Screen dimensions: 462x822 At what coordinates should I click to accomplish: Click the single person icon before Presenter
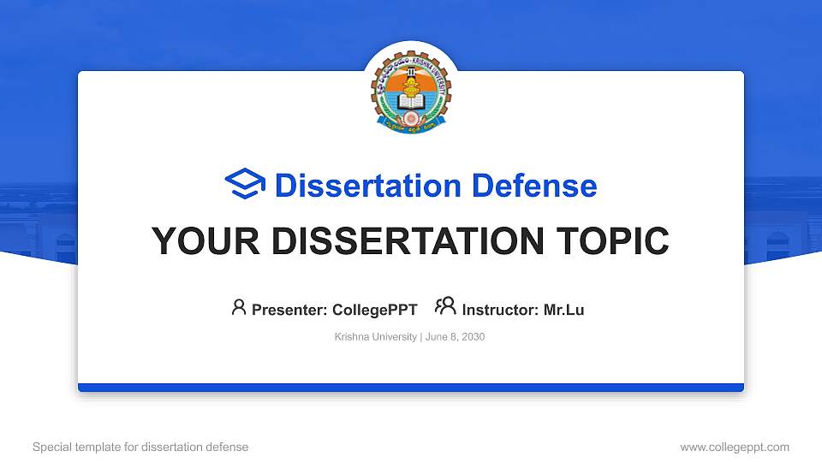(x=239, y=306)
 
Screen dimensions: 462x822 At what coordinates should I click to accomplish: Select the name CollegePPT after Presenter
(x=374, y=310)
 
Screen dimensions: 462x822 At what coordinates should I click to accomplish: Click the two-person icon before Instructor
(x=445, y=306)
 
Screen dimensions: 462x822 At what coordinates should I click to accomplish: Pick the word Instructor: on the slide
(x=500, y=310)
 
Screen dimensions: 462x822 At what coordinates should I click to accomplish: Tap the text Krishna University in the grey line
(x=375, y=337)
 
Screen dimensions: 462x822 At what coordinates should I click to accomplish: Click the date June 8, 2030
(x=455, y=337)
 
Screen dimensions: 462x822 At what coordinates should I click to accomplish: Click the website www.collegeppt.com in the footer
(x=735, y=447)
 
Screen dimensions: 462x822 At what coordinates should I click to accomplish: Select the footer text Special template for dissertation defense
(x=140, y=447)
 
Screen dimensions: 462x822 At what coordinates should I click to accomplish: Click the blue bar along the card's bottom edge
(x=411, y=388)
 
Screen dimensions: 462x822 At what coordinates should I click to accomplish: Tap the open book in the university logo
(x=411, y=102)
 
